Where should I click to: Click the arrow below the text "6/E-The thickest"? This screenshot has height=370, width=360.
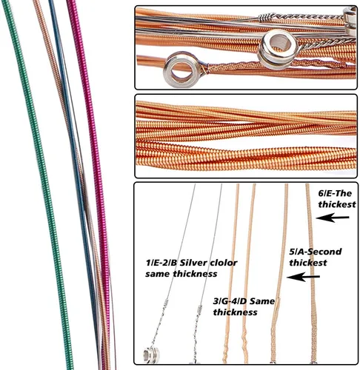(x=333, y=218)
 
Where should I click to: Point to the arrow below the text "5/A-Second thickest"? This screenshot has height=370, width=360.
(x=303, y=277)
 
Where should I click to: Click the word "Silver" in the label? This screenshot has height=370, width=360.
(x=193, y=263)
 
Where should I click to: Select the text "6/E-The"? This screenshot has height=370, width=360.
(x=335, y=193)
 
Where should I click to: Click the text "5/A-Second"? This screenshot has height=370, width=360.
(x=316, y=252)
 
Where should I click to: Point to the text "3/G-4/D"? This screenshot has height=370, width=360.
(x=230, y=301)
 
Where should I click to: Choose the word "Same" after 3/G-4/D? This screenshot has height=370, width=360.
(x=262, y=301)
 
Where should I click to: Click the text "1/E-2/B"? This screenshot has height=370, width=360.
(x=161, y=263)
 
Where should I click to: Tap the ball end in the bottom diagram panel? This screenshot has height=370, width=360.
(x=151, y=355)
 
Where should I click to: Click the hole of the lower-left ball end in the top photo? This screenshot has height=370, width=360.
(x=182, y=70)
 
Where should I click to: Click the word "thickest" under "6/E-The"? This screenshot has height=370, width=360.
(x=337, y=204)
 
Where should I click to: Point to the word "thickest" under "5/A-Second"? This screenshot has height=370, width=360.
(x=308, y=263)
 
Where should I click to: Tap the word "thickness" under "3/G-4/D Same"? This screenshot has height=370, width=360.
(x=235, y=312)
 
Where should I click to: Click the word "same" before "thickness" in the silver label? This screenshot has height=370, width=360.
(x=157, y=274)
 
